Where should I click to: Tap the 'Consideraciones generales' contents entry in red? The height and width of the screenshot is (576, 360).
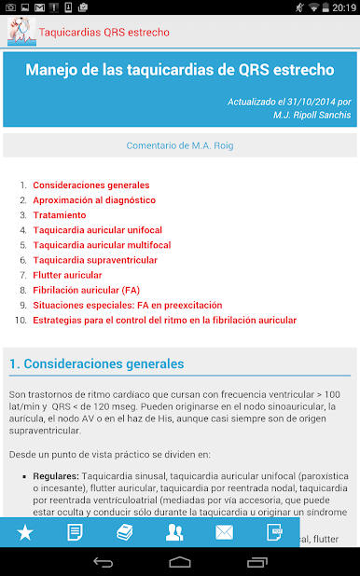(90, 185)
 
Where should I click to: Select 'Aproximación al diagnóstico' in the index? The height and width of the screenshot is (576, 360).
(94, 200)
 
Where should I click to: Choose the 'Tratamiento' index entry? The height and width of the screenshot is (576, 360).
(60, 215)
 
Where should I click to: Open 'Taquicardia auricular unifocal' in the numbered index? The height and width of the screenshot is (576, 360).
(97, 230)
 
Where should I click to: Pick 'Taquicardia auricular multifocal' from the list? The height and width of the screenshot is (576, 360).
(102, 245)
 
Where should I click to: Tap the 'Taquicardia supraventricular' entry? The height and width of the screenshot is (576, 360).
(95, 260)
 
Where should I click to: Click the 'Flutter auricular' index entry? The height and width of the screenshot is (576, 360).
(67, 275)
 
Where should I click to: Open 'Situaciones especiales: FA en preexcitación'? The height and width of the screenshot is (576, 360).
(127, 305)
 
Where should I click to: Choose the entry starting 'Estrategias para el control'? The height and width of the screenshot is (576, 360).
(164, 320)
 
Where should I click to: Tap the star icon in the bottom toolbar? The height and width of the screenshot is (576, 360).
(25, 533)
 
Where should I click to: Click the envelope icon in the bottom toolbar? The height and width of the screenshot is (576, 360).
(224, 533)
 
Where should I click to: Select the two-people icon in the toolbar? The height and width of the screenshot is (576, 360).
(174, 533)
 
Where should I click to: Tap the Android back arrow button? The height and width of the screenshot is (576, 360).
(104, 562)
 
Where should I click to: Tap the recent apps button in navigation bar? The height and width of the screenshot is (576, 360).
(256, 562)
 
